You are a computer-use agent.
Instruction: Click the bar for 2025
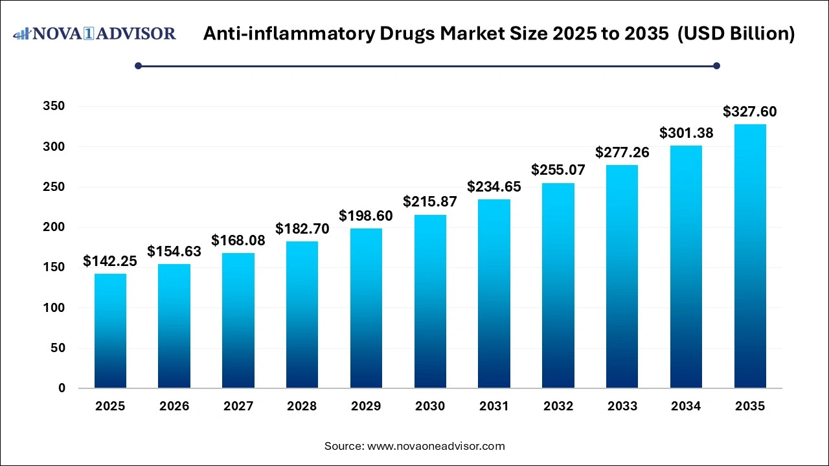point(110,331)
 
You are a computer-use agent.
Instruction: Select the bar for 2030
point(430,301)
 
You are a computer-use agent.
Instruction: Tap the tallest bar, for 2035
point(750,256)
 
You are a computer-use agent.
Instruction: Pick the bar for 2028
point(302,315)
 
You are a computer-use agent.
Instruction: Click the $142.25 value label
point(110,261)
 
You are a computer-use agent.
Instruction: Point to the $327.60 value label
point(750,112)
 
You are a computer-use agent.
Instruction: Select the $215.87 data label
point(430,202)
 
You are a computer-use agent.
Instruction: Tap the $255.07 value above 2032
point(558,170)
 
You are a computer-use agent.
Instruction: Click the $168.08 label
point(238,241)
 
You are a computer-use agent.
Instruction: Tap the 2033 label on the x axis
point(622,406)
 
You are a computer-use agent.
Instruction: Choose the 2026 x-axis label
point(174,406)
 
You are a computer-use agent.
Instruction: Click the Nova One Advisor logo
point(95,34)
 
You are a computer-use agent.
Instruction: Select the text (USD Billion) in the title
point(736,34)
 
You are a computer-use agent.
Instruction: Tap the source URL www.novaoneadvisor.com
point(436,446)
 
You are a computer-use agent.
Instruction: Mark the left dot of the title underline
point(138,65)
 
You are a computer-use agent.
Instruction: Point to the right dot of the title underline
point(716,65)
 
